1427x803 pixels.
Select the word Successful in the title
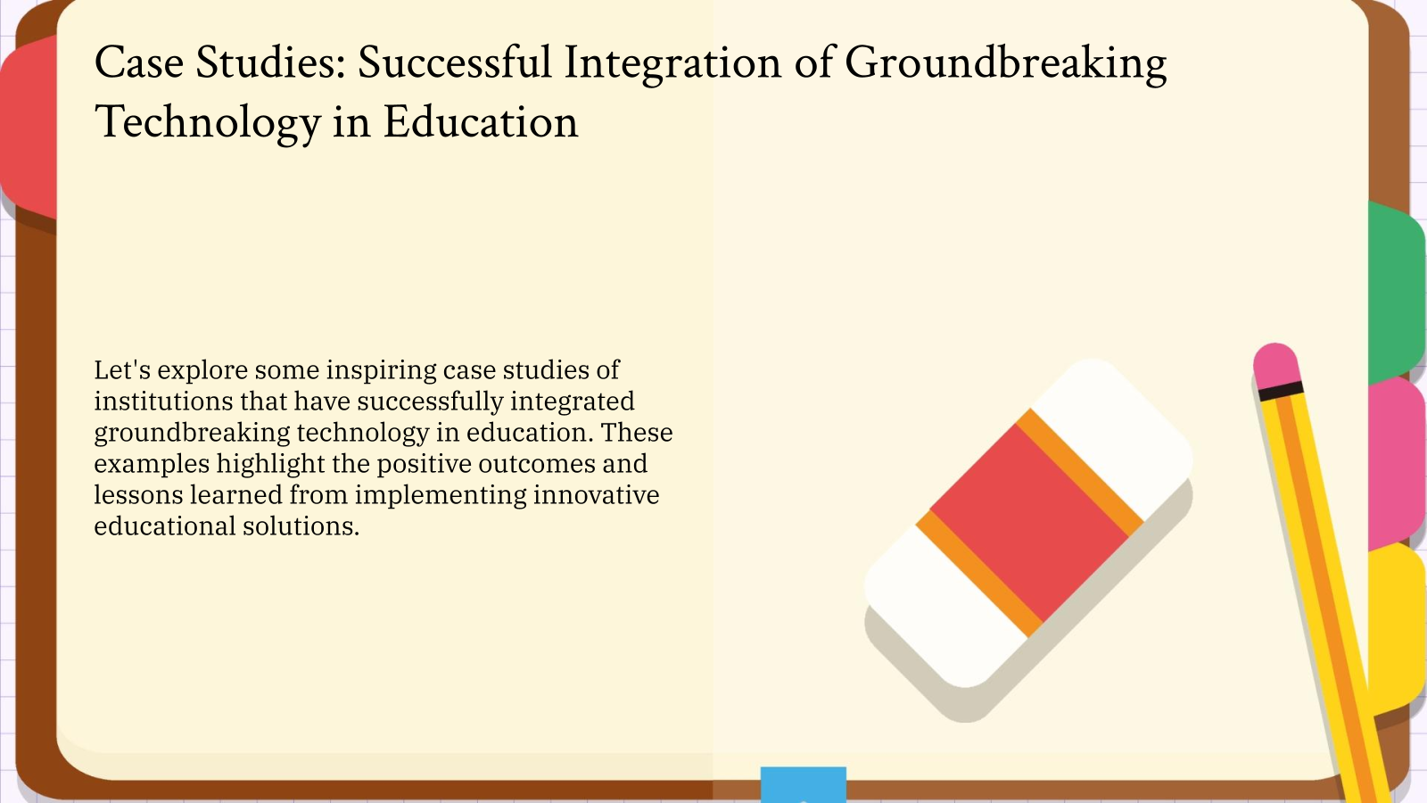[x=455, y=62]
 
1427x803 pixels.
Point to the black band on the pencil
[x=1281, y=390]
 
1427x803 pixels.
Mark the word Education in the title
[x=481, y=123]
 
